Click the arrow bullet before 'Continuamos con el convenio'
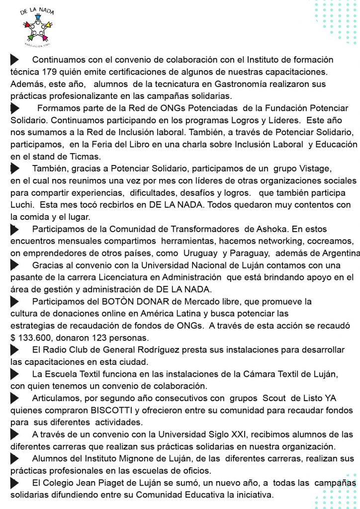(14, 60)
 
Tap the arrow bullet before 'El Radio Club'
(14, 350)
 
